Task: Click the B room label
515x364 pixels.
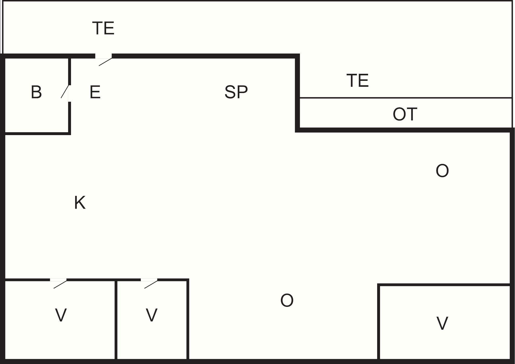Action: click(x=36, y=92)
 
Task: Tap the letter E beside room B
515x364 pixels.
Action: click(x=95, y=92)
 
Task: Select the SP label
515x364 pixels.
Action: click(x=236, y=92)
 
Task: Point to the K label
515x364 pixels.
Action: click(x=80, y=203)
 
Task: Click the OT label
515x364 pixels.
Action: click(x=405, y=114)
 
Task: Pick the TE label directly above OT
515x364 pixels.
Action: click(x=358, y=80)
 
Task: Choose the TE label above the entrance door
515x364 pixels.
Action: click(x=103, y=28)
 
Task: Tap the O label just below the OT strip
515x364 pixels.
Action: click(x=442, y=171)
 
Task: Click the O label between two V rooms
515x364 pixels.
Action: click(x=287, y=300)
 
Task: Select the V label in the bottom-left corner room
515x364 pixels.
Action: click(x=61, y=315)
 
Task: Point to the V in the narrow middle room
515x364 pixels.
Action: click(x=152, y=315)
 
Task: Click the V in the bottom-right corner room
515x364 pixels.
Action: click(x=442, y=323)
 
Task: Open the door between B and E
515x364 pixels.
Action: click(x=65, y=92)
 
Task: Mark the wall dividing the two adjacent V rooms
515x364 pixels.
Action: click(x=116, y=320)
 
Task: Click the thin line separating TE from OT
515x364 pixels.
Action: click(x=406, y=98)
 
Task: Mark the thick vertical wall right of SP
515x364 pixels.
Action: click(x=297, y=93)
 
